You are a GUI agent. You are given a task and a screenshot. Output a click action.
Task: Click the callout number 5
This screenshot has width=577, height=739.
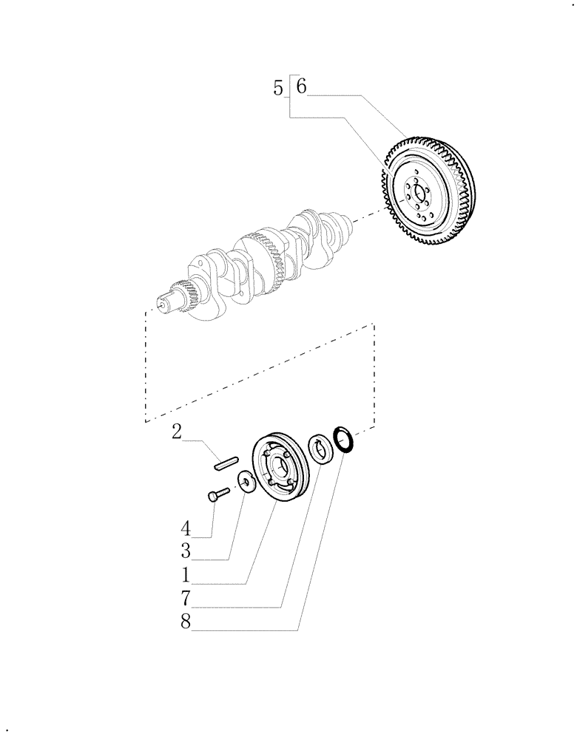pos(277,89)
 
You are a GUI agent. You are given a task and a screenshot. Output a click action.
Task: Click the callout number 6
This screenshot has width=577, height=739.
pos(300,86)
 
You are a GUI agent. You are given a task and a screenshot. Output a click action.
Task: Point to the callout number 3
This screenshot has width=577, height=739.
pos(186,551)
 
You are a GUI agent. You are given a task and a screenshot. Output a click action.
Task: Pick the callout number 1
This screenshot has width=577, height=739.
pos(186,575)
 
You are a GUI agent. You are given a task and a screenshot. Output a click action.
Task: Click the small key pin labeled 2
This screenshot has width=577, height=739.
pos(224,463)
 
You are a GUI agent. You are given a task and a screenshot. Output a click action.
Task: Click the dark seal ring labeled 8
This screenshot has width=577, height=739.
pos(344,438)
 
